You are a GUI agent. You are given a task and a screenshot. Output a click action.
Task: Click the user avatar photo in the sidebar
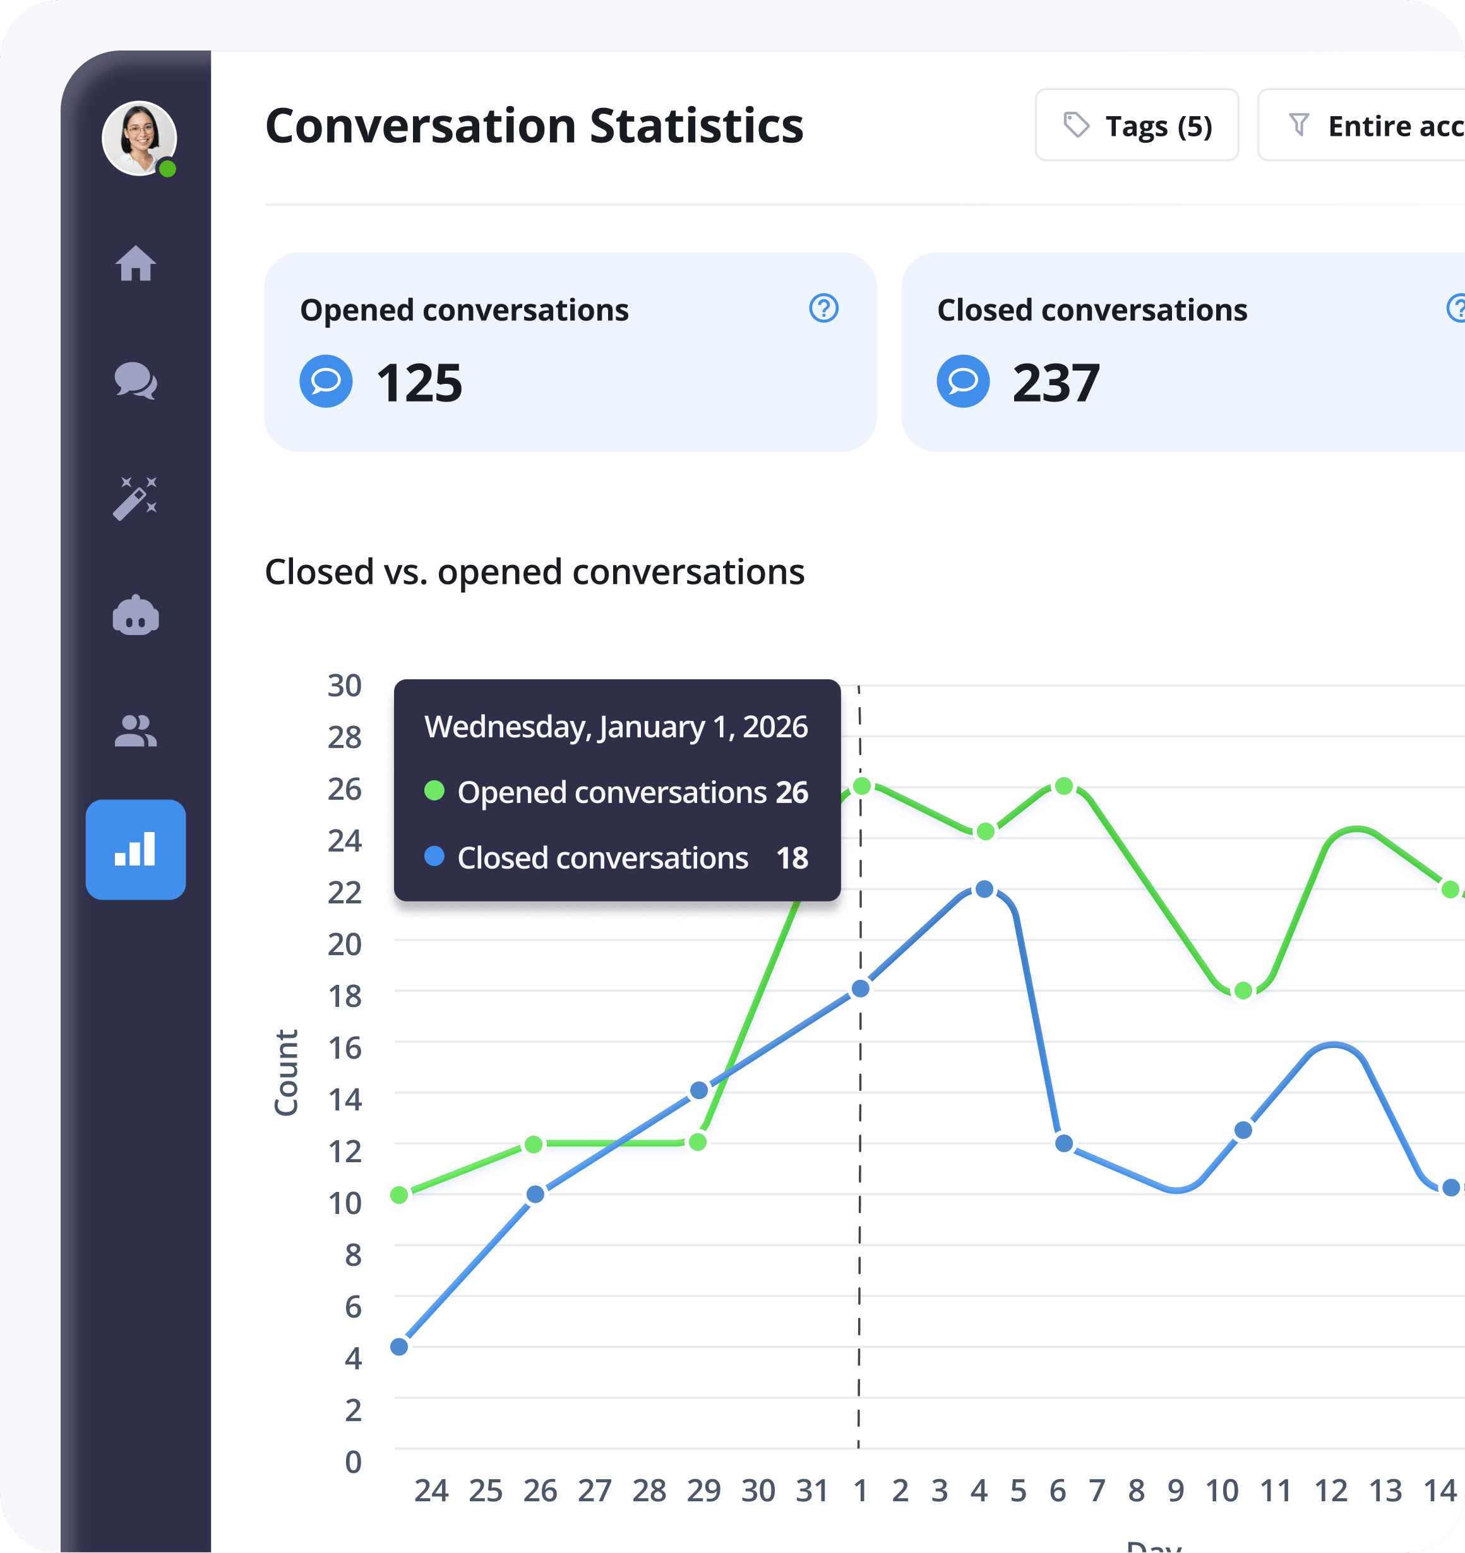click(139, 138)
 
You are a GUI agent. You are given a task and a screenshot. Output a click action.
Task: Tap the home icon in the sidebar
click(136, 263)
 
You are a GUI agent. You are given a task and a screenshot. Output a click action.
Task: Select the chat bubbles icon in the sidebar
click(136, 381)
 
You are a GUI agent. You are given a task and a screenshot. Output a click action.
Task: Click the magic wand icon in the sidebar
click(135, 498)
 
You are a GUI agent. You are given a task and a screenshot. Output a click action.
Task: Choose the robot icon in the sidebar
click(136, 616)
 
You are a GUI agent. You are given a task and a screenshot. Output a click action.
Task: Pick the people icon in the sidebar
click(136, 732)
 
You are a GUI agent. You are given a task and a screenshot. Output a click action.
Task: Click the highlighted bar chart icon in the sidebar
click(136, 849)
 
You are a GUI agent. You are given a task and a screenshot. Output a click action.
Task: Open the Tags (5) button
click(1136, 125)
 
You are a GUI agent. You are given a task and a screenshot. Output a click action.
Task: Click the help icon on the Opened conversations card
click(823, 309)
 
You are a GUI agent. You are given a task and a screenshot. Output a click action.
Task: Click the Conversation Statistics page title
click(534, 126)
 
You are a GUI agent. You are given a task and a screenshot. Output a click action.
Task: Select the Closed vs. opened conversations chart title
click(534, 572)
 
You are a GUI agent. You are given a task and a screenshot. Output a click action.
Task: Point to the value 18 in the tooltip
click(792, 858)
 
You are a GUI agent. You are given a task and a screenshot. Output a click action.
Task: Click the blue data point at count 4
click(399, 1346)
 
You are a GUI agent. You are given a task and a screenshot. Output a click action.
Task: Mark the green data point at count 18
click(1243, 991)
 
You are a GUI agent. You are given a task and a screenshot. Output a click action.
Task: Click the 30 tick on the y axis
click(345, 685)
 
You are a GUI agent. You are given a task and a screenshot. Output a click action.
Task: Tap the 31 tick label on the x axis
click(812, 1491)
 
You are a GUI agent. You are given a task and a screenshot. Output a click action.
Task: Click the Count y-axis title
click(286, 1072)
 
